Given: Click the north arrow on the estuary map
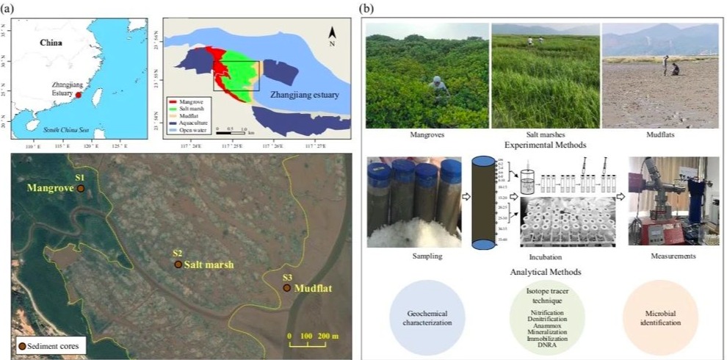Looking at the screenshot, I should [332, 34].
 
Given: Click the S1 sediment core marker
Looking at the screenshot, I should [81, 189].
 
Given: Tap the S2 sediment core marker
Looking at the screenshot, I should [178, 264].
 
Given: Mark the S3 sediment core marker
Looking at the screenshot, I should [287, 289].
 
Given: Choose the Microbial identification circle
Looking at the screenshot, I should [658, 317].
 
